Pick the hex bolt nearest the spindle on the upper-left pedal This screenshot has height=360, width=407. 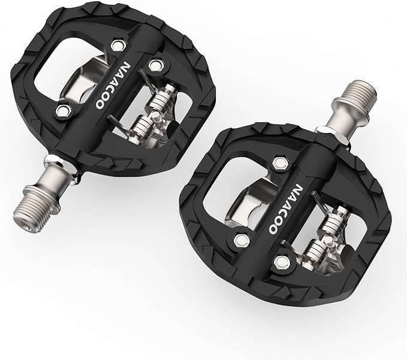click(x=62, y=109)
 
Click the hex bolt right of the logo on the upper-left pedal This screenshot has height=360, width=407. click(x=156, y=64)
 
